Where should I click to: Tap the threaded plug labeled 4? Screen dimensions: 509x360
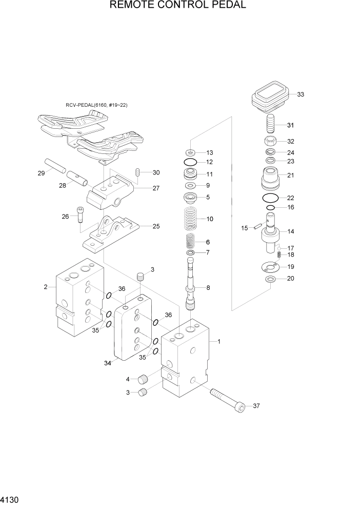(143, 380)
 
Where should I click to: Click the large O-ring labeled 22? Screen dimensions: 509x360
(270, 198)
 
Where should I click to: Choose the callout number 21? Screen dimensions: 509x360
(290, 175)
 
